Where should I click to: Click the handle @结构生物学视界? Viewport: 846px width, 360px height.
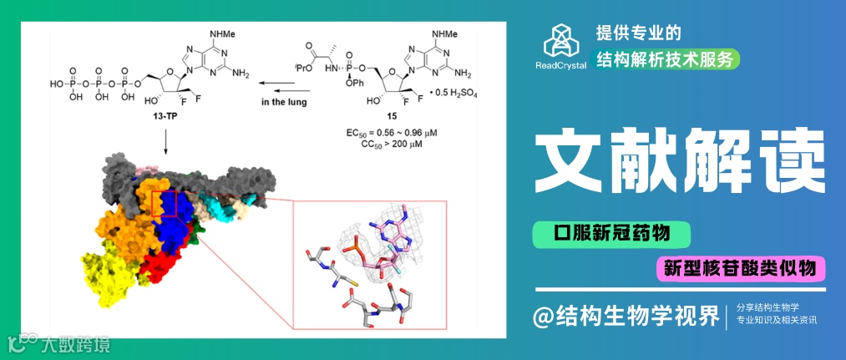pyautogui.click(x=628, y=316)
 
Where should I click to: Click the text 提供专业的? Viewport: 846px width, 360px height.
pyautogui.click(x=639, y=33)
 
